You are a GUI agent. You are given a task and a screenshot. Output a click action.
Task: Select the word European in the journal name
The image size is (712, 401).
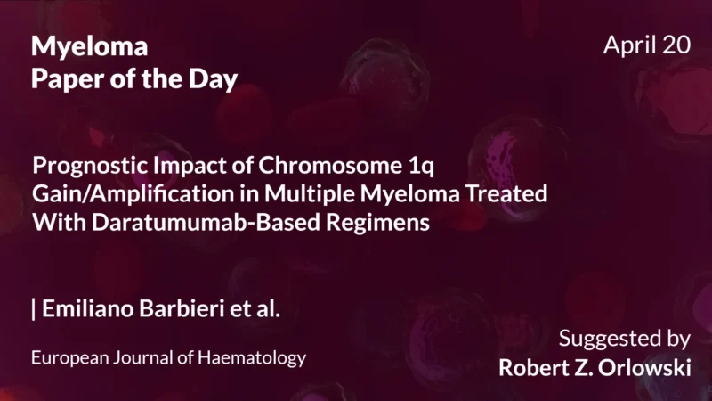point(68,358)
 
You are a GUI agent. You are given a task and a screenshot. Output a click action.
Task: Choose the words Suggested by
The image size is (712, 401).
point(625,340)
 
